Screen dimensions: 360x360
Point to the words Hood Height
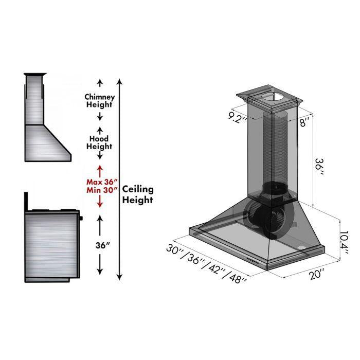pos(100,142)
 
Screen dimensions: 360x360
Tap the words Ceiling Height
pos(137,195)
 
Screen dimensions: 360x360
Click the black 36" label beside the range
pos(102,245)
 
